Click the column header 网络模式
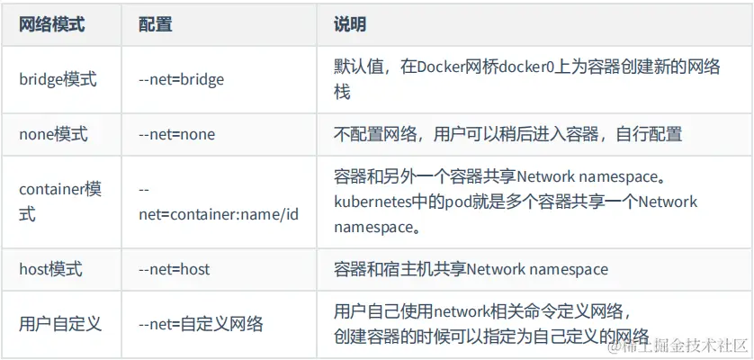[51, 24]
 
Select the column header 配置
[156, 24]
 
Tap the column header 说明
[350, 24]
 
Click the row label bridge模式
[57, 79]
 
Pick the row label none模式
[54, 134]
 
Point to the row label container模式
[59, 202]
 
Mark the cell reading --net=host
[175, 269]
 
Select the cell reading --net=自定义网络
[201, 323]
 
